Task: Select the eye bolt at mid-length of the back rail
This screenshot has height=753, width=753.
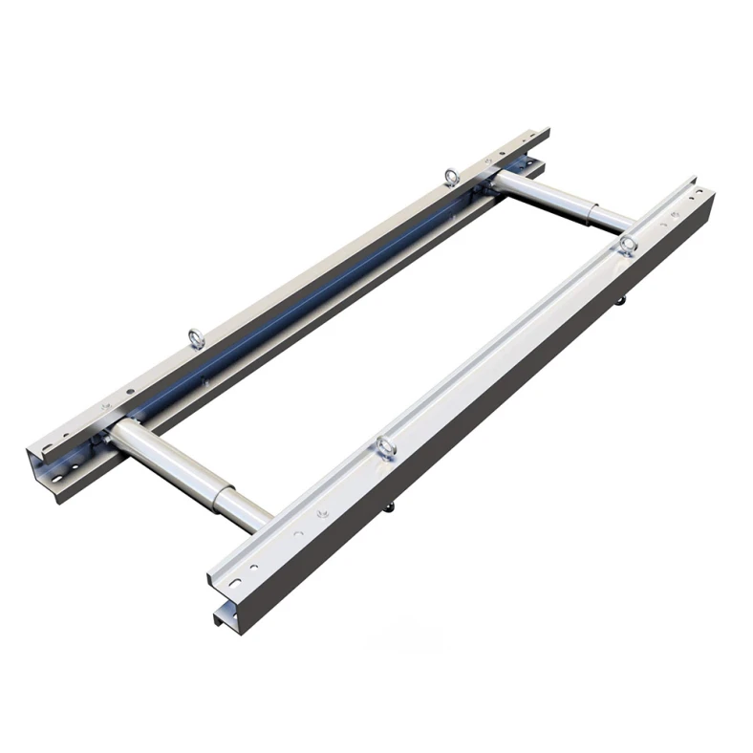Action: point(194,335)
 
